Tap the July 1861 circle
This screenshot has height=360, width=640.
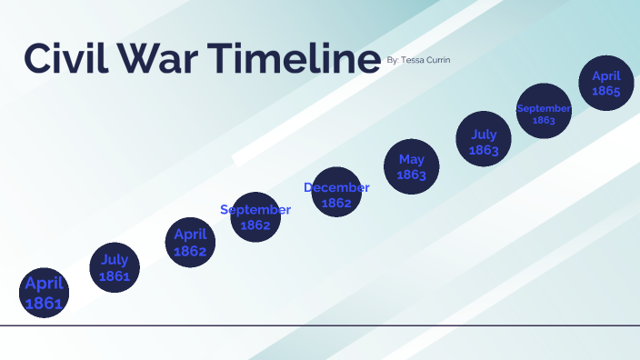click(115, 267)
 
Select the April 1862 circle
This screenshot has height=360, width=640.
click(190, 242)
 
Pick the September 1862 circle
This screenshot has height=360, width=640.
click(255, 216)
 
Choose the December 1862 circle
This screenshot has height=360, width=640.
click(335, 193)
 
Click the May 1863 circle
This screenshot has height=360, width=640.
click(411, 167)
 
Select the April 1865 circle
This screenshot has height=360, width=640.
click(605, 84)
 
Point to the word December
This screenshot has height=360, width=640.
click(336, 188)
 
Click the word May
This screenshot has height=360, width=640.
click(411, 160)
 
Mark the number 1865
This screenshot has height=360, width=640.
click(605, 91)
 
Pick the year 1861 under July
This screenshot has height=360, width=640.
click(115, 275)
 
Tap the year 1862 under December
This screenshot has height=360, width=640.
click(336, 203)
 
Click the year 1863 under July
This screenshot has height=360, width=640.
click(484, 150)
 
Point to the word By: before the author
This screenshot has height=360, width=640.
click(393, 60)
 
